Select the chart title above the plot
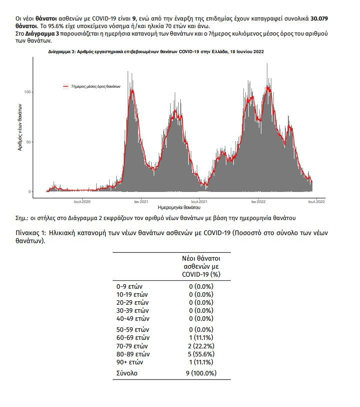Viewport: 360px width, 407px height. pyautogui.click(x=156, y=52)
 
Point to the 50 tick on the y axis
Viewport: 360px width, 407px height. pyautogui.click(x=29, y=142)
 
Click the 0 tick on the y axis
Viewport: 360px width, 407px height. pyautogui.click(x=30, y=191)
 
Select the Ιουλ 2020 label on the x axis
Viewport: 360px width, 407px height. pyautogui.click(x=82, y=201)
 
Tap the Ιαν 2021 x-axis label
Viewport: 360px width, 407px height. pyautogui.click(x=140, y=201)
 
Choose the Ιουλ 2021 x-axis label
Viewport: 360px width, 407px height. pyautogui.click(x=199, y=201)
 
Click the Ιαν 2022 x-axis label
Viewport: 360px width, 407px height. pyautogui.click(x=258, y=201)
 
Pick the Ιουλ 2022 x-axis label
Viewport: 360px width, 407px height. pyautogui.click(x=316, y=201)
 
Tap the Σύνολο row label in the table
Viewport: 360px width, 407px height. pyautogui.click(x=127, y=373)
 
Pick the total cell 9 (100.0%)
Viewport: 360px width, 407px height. pyautogui.click(x=200, y=373)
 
